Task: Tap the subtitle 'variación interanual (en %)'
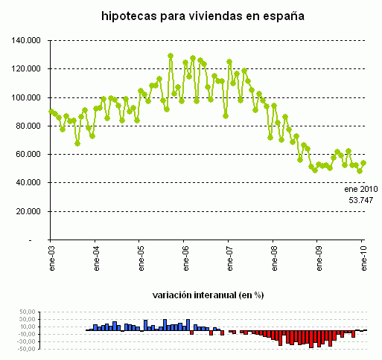click(207, 295)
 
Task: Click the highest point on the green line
click(171, 56)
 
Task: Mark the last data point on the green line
click(363, 163)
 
